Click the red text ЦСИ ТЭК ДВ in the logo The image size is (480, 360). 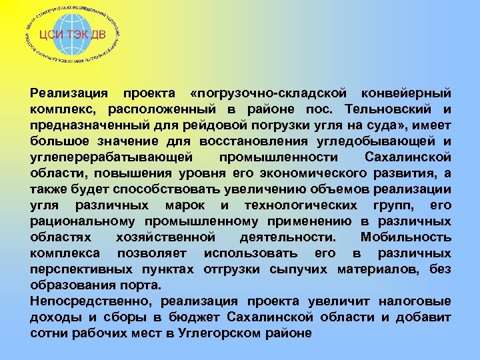coord(73,35)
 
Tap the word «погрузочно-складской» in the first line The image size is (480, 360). coord(269,92)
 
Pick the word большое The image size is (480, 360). coord(58,140)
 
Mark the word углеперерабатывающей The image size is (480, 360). coord(111,156)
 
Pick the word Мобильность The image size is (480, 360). coord(405,237)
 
